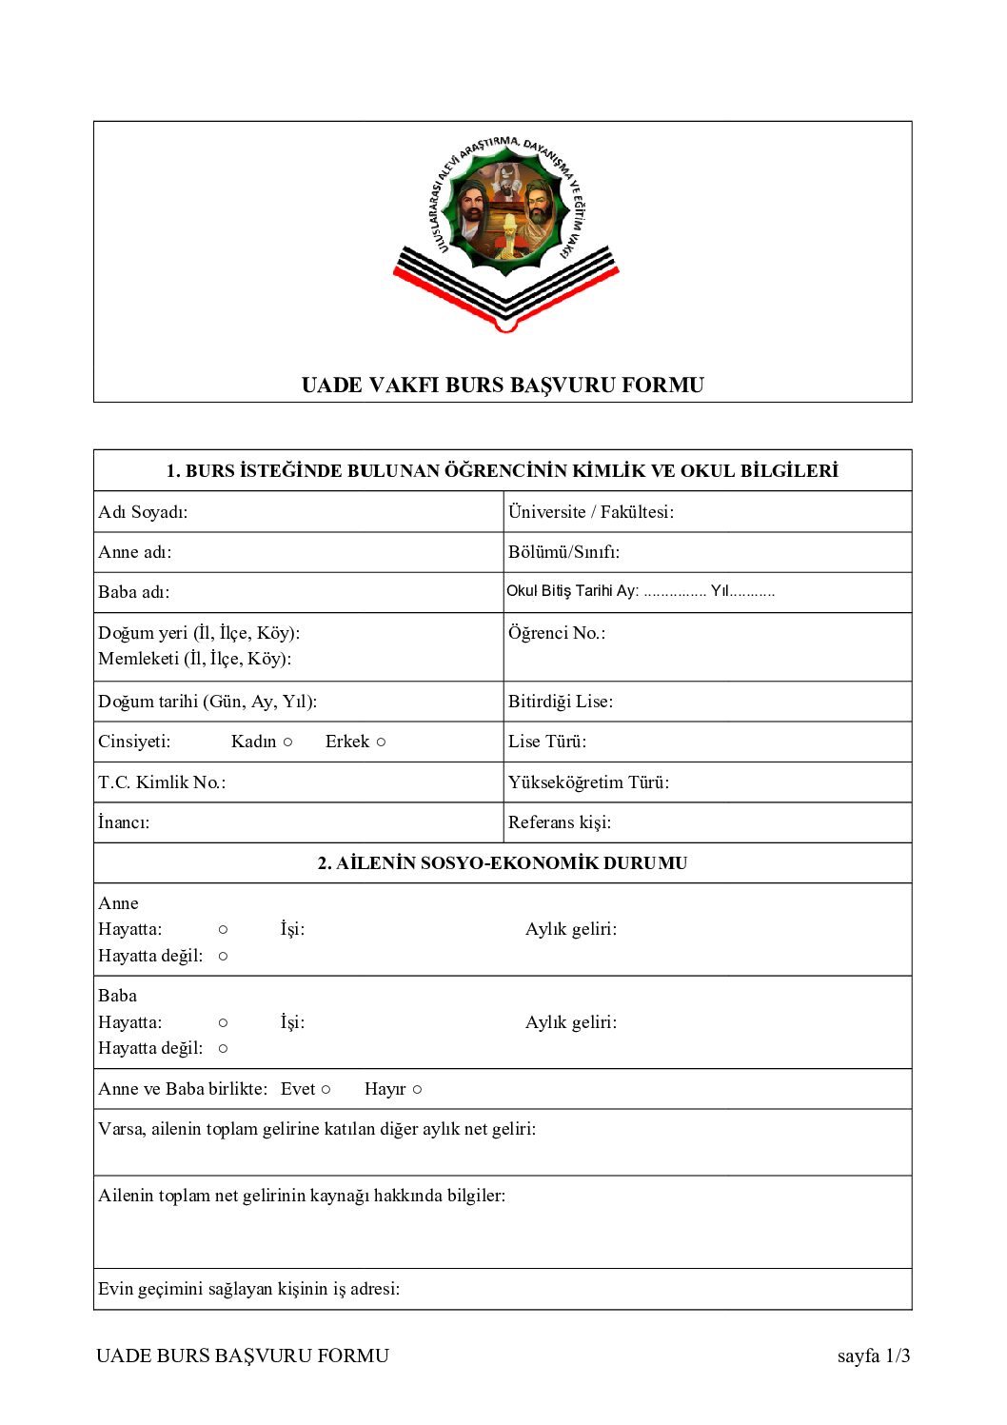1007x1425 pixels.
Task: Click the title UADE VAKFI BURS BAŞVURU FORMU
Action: point(503,386)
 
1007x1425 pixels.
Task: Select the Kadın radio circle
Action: point(287,742)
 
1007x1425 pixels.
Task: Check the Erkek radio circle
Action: point(381,742)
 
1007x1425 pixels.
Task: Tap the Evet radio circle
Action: point(326,1090)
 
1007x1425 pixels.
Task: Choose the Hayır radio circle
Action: point(417,1090)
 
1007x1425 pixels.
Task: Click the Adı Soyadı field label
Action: point(143,512)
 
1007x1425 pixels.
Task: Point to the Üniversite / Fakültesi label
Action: point(590,512)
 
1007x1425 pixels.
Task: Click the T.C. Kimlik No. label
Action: point(162,782)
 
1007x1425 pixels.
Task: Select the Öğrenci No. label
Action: point(557,633)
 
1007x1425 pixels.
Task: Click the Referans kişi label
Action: point(560,822)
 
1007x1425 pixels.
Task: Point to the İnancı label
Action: point(124,822)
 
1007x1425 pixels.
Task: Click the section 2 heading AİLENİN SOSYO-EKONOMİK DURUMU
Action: point(503,863)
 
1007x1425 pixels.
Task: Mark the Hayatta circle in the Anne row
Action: point(223,930)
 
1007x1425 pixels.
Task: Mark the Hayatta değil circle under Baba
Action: point(223,1049)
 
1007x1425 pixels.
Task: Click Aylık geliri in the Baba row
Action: point(571,1022)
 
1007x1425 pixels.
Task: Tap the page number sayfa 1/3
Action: point(873,1356)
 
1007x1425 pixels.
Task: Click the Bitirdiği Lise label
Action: point(561,702)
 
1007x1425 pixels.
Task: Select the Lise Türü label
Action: point(547,742)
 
